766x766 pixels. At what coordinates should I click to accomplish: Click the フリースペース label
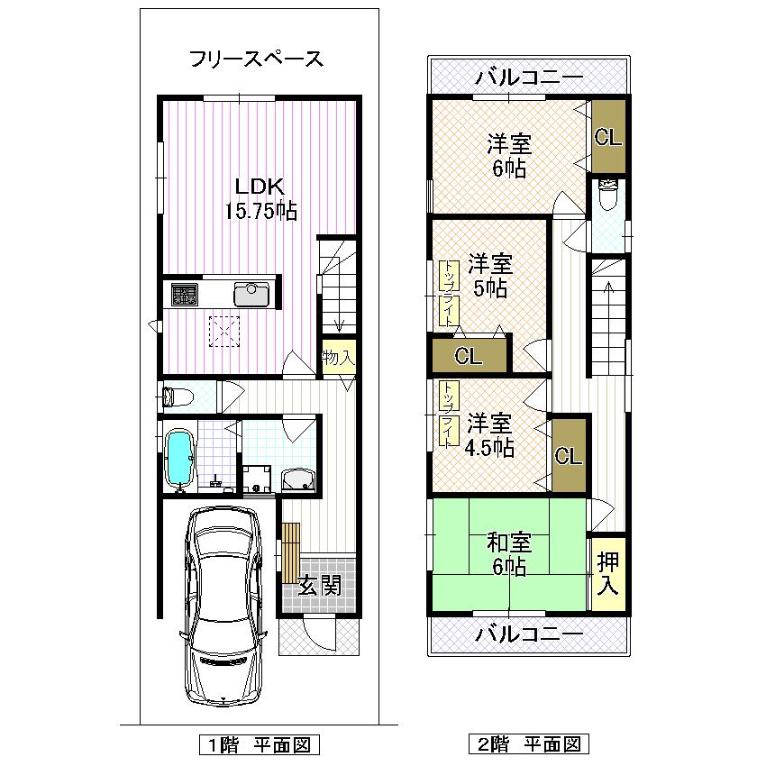pyautogui.click(x=256, y=60)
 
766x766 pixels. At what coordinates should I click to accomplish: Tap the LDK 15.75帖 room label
pyautogui.click(x=260, y=199)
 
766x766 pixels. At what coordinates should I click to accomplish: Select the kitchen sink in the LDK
pyautogui.click(x=250, y=294)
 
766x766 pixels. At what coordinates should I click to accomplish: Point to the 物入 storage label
pyautogui.click(x=338, y=358)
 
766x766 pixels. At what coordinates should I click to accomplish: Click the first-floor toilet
pyautogui.click(x=178, y=396)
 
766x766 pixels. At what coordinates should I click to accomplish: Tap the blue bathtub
pyautogui.click(x=181, y=457)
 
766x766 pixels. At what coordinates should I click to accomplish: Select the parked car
pyautogui.click(x=223, y=605)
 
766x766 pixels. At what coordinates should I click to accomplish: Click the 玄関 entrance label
pyautogui.click(x=319, y=588)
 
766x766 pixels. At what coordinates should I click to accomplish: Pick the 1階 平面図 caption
pyautogui.click(x=260, y=744)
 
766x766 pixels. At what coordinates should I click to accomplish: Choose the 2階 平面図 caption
pyautogui.click(x=529, y=744)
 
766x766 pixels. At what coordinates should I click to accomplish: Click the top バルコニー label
pyautogui.click(x=529, y=76)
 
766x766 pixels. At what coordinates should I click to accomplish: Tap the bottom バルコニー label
pyautogui.click(x=529, y=634)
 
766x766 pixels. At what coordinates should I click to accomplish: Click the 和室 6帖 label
pyautogui.click(x=509, y=554)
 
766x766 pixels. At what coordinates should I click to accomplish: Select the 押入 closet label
pyautogui.click(x=608, y=573)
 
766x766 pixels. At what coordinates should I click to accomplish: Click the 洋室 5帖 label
pyautogui.click(x=490, y=276)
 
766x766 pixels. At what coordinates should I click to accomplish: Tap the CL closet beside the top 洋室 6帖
pyautogui.click(x=607, y=138)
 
